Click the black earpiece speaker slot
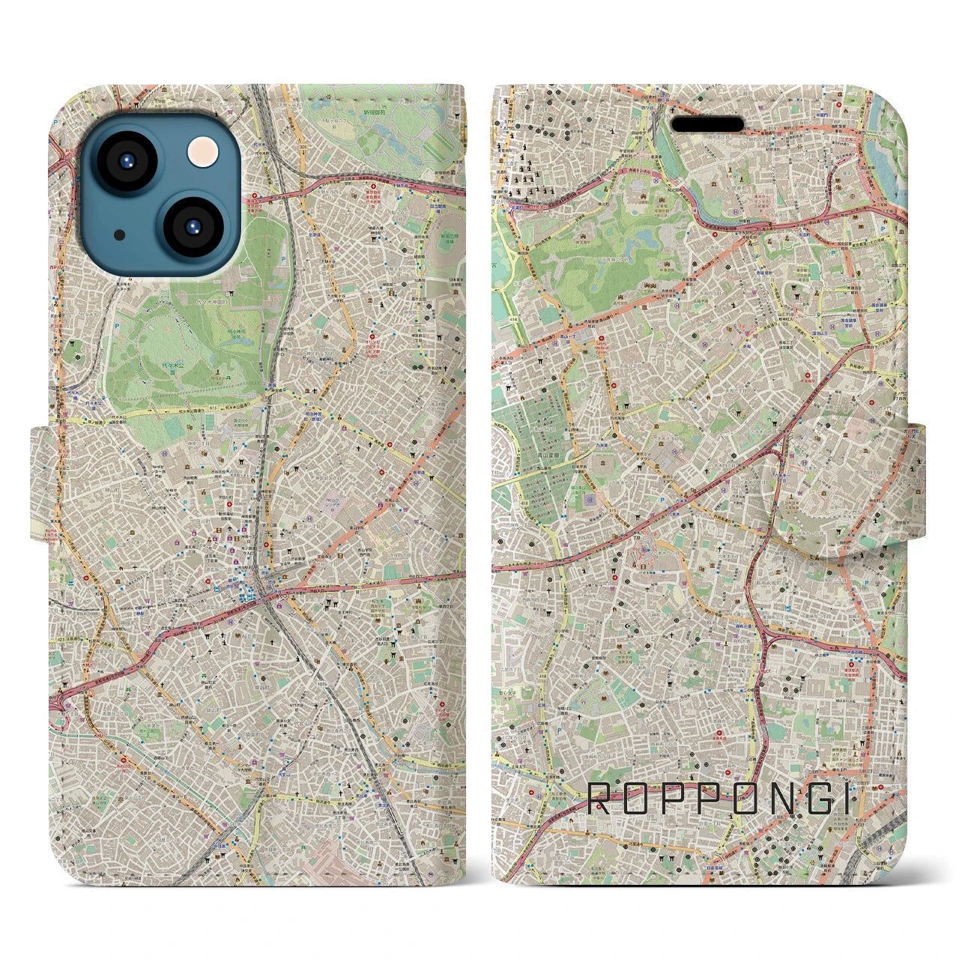click(707, 124)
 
